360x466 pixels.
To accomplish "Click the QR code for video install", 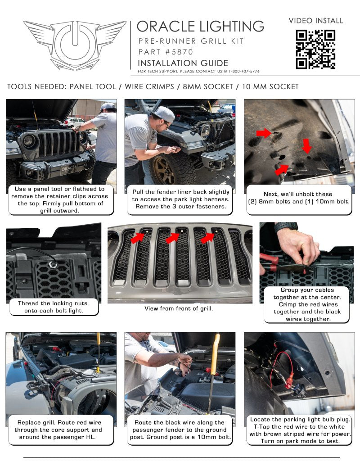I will click(315, 49).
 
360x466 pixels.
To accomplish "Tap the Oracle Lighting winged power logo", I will click(75, 45).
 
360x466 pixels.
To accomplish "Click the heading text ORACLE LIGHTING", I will click(200, 26).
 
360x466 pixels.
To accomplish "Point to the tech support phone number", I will click(244, 71).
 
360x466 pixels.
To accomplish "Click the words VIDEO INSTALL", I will click(315, 21).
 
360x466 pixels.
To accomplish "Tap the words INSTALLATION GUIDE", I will click(183, 63).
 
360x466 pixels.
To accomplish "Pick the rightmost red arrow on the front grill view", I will click(207, 237).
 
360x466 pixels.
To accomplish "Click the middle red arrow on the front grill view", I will click(173, 237).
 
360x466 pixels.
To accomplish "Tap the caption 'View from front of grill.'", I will click(179, 308).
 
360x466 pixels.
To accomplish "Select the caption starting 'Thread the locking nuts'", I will click(53, 307).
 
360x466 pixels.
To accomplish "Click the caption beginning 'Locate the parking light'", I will click(300, 430).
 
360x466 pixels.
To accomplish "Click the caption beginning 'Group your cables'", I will click(306, 304).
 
